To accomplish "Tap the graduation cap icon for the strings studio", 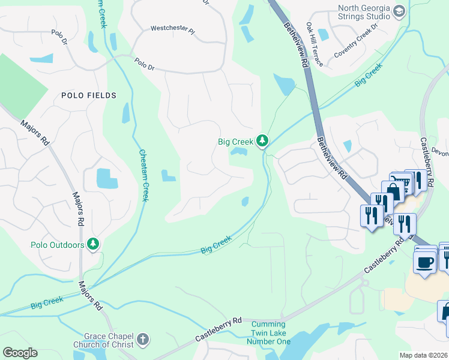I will pos(399,11).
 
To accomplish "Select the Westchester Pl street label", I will pos(173,28).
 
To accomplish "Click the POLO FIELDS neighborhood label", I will pos(88,95).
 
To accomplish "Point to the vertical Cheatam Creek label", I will pos(144,175).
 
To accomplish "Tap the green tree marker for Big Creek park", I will pos(262,142).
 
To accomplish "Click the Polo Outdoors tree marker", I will pos(93,244).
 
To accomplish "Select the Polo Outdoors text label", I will pos(58,245).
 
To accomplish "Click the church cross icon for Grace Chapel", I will pos(142,340).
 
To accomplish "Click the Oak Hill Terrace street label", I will pos(314,45).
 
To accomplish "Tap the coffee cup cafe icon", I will pos(425,262).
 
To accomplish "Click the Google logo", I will pos(20,353).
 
